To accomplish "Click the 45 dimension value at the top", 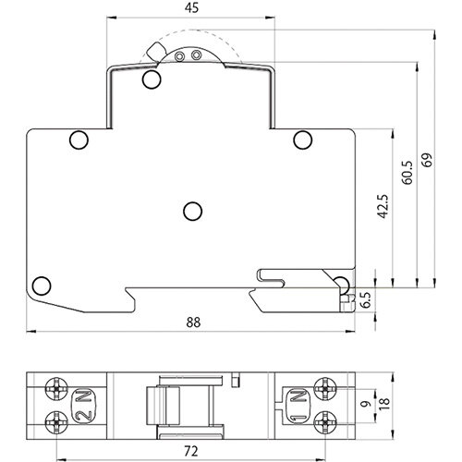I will tap(192, 7).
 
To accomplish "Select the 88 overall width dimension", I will tap(192, 322).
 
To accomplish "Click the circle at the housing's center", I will tap(192, 212).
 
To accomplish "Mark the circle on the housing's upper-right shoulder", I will tap(302, 140).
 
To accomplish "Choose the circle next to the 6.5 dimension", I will tap(341, 283).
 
